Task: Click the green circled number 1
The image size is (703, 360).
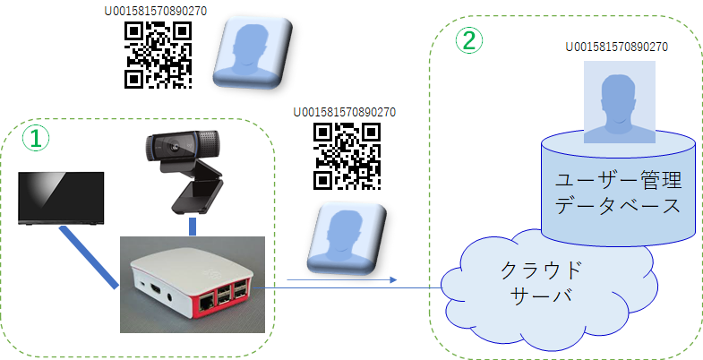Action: pyautogui.click(x=34, y=137)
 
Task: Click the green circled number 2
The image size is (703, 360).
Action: pyautogui.click(x=469, y=39)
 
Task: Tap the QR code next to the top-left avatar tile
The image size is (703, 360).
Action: pyautogui.click(x=159, y=55)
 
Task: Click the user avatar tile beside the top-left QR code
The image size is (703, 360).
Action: pyautogui.click(x=253, y=52)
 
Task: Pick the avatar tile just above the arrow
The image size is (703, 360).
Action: pyautogui.click(x=347, y=238)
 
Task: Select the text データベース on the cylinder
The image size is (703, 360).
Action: pyautogui.click(x=618, y=206)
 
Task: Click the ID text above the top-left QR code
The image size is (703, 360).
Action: pyautogui.click(x=158, y=12)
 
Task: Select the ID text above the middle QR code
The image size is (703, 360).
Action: pyautogui.click(x=345, y=112)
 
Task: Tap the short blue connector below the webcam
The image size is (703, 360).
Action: pyautogui.click(x=193, y=225)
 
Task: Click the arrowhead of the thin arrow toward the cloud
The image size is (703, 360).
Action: pyautogui.click(x=391, y=280)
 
